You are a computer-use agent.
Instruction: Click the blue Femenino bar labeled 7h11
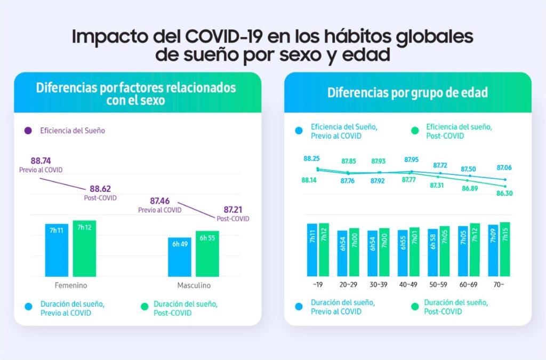pos(57,250)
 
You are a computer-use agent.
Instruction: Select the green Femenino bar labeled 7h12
pos(84,248)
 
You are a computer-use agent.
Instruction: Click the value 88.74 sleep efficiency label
pos(42,161)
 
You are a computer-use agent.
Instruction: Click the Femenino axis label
pos(71,285)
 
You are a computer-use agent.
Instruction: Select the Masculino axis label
pos(193,285)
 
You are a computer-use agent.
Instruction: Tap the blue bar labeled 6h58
pos(433,253)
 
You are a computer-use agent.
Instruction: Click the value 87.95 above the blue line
pos(412,159)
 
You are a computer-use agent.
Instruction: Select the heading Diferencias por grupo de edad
pos(407,93)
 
